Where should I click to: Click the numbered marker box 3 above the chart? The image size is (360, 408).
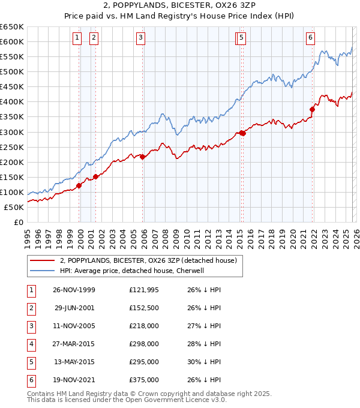click(x=140, y=38)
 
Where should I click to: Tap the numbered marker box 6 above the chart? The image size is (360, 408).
click(x=310, y=38)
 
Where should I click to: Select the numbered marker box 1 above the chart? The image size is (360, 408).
click(x=77, y=38)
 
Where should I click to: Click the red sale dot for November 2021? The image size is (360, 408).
click(x=313, y=109)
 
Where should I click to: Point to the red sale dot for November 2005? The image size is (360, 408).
click(x=143, y=157)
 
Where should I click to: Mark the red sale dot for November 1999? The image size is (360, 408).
click(x=79, y=185)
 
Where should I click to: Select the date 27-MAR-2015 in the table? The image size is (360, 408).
click(x=74, y=344)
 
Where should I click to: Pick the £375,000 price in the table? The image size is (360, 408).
click(x=144, y=380)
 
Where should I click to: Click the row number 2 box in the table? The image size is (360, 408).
click(x=31, y=308)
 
